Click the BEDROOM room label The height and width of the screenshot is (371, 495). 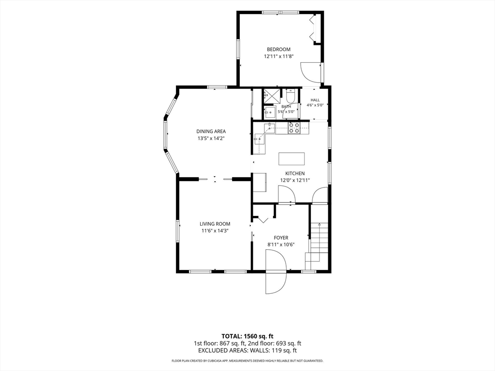[x=278, y=49]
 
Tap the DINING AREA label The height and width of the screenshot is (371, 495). [x=211, y=131]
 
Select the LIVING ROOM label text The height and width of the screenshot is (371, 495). [x=215, y=224]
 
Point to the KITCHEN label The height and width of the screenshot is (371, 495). [x=295, y=173]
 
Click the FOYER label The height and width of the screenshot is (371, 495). [x=281, y=238]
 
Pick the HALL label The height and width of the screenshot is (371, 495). [x=315, y=100]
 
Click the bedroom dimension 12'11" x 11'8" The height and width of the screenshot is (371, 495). [x=279, y=57]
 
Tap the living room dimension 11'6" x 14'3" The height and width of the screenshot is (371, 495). [x=215, y=230]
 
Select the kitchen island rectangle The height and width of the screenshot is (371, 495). [x=291, y=158]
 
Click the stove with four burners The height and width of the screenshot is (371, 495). [x=294, y=127]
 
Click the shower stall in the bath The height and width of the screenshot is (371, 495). [x=272, y=96]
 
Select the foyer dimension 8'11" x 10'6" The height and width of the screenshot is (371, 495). [x=281, y=244]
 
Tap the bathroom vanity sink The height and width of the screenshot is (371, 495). [x=270, y=112]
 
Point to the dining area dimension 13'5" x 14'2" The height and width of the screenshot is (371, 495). [x=211, y=138]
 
